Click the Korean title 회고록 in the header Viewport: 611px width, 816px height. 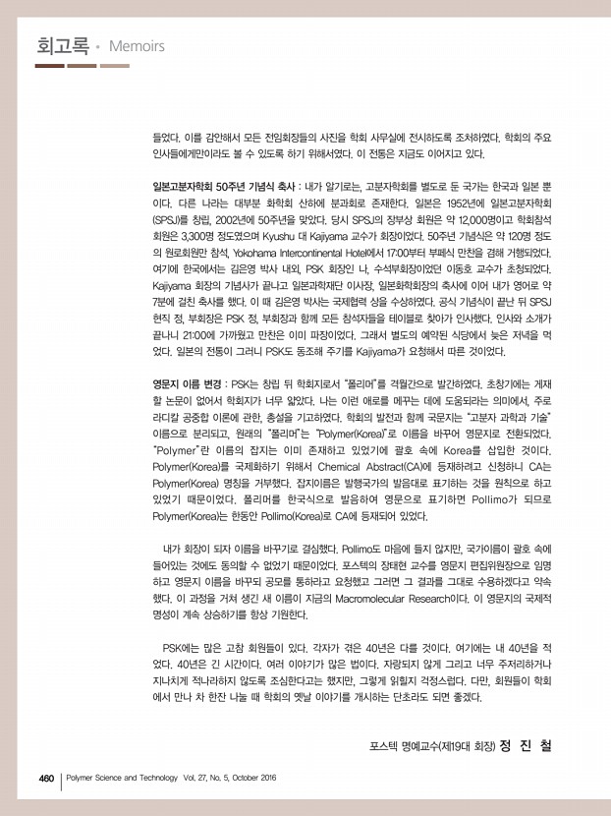tap(61, 45)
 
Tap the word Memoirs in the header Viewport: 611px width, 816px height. tap(132, 47)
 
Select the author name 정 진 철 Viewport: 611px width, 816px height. tap(526, 745)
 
